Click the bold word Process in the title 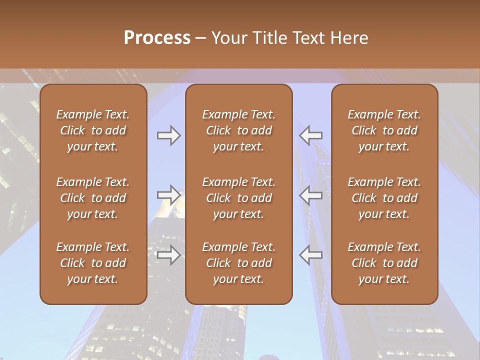(157, 38)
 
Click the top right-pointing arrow (168, 135)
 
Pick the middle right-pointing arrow (168, 195)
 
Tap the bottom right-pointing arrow (168, 255)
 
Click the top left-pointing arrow (311, 135)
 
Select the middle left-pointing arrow (311, 195)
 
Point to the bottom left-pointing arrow (311, 255)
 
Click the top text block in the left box (93, 130)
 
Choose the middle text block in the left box (93, 198)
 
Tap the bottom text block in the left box (93, 263)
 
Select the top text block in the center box (238, 130)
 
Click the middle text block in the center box (238, 198)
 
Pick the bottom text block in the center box (238, 263)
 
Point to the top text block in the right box (384, 130)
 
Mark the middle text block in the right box (384, 198)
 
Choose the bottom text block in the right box (384, 263)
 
